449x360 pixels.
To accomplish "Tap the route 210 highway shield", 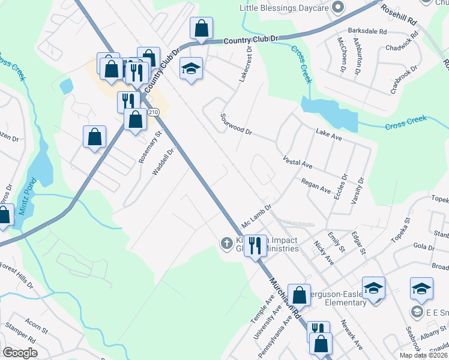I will coord(153,112).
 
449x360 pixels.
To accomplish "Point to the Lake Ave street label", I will coord(328,134).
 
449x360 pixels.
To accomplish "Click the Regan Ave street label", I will coord(316,185).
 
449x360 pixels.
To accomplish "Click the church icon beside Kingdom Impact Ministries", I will coord(226,243).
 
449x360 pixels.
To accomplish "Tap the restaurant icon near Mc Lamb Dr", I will coord(255,244).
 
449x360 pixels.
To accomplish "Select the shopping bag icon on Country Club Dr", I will coord(201,28).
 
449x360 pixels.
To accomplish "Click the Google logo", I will coord(20,353).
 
